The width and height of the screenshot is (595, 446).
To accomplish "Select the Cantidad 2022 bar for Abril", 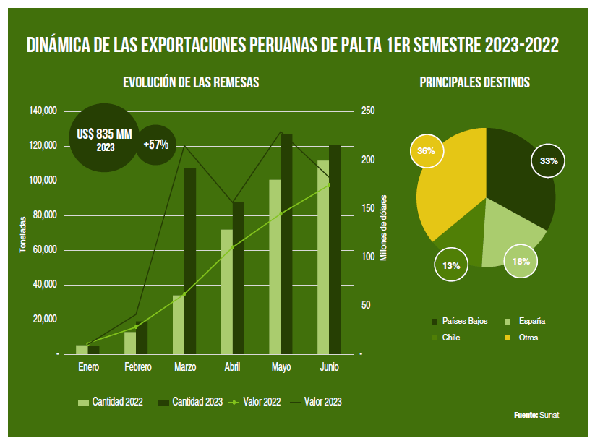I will pyautogui.click(x=226, y=292).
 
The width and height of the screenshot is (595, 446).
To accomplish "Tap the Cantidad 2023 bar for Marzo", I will pyautogui.click(x=189, y=261).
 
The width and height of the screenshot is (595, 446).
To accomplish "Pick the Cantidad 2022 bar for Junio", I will pyautogui.click(x=323, y=257).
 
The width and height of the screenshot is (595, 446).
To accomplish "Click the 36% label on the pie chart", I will pyautogui.click(x=426, y=151).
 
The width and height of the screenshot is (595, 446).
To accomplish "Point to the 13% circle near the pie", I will pyautogui.click(x=451, y=266).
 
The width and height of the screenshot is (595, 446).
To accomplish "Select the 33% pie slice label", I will pyautogui.click(x=549, y=160).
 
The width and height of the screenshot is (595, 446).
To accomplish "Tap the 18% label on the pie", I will pyautogui.click(x=521, y=261).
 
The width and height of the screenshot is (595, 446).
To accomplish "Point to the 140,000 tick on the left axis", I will pyautogui.click(x=43, y=111).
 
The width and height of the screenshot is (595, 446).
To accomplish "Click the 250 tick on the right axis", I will pyautogui.click(x=368, y=111).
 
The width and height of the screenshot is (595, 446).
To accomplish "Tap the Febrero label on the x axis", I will pyautogui.click(x=137, y=368).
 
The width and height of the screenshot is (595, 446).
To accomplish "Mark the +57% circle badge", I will pyautogui.click(x=156, y=145).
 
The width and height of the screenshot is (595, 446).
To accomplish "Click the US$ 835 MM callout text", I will pyautogui.click(x=105, y=134).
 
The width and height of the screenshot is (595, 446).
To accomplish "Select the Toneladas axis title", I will pyautogui.click(x=22, y=233).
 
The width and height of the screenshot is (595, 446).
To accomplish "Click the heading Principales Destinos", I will pyautogui.click(x=474, y=82).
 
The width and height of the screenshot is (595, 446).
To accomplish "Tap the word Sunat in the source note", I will pyautogui.click(x=549, y=416).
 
